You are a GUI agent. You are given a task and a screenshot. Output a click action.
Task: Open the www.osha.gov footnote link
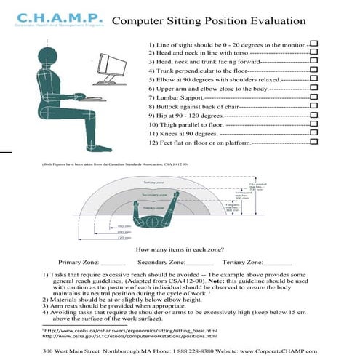click(130, 336)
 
